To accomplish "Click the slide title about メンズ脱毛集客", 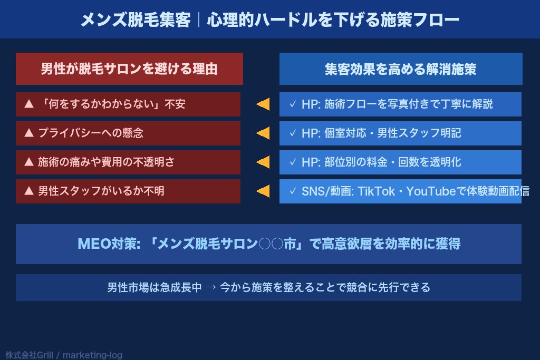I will pyautogui.click(x=269, y=20).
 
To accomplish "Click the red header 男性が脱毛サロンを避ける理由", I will pyautogui.click(x=129, y=69).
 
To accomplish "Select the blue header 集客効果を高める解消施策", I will pyautogui.click(x=401, y=69).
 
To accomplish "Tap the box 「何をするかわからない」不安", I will pyautogui.click(x=128, y=104).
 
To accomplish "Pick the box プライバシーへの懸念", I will pyautogui.click(x=128, y=133).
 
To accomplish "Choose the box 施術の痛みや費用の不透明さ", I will pyautogui.click(x=128, y=162).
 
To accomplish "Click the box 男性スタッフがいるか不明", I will pyautogui.click(x=128, y=191).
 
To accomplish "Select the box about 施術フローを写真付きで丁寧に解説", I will pyautogui.click(x=400, y=104).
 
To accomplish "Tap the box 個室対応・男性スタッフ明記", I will pyautogui.click(x=400, y=133).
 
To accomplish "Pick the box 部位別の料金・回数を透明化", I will pyautogui.click(x=400, y=162).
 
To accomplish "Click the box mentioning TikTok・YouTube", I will pyautogui.click(x=400, y=191).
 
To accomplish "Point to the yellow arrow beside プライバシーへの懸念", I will pyautogui.click(x=262, y=133).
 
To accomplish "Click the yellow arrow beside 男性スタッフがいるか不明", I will pyautogui.click(x=262, y=191).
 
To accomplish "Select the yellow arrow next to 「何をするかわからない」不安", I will pyautogui.click(x=262, y=104).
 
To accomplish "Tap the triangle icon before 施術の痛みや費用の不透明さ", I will pyautogui.click(x=29, y=162).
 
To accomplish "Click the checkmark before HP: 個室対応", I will pyautogui.click(x=293, y=133).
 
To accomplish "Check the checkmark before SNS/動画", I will pyautogui.click(x=293, y=191).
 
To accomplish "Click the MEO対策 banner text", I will pyautogui.click(x=268, y=244).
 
